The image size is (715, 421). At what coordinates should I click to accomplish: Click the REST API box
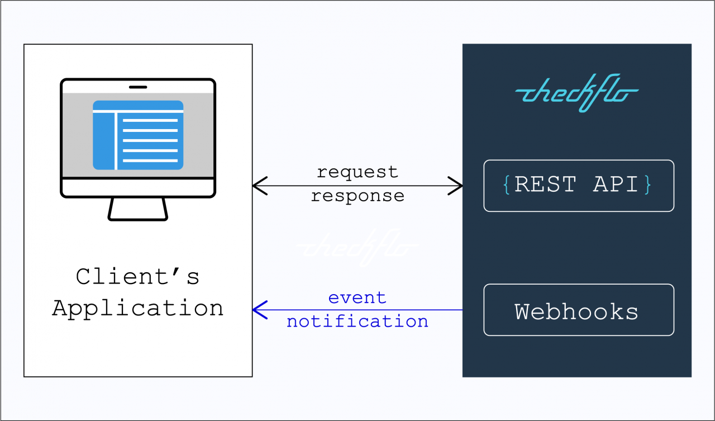[579, 186]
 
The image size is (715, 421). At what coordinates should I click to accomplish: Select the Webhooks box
[579, 310]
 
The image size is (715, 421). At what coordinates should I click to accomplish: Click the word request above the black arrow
[357, 172]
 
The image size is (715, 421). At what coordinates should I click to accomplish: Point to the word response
[357, 196]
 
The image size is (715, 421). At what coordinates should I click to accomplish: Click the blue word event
[357, 297]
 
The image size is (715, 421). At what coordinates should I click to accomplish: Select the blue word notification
[357, 321]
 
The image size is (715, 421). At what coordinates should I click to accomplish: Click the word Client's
[138, 276]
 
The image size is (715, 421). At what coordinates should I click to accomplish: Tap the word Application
[138, 308]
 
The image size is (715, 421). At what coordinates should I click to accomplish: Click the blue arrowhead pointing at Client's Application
[258, 310]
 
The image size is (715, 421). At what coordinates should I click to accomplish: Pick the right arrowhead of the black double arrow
[456, 186]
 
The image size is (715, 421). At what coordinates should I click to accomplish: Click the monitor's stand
[138, 209]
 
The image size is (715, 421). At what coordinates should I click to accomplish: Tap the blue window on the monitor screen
[138, 135]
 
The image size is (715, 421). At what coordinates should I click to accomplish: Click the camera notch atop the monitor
[138, 87]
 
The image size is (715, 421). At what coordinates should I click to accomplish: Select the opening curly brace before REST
[506, 185]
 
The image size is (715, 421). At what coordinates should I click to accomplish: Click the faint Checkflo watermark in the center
[357, 247]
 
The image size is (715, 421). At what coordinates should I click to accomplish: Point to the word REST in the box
[545, 185]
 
